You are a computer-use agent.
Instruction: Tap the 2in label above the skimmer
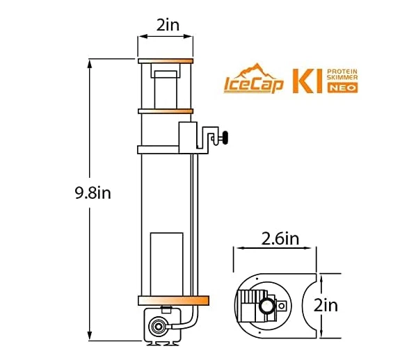[x=165, y=26]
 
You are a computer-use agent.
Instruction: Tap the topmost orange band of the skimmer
[x=165, y=61]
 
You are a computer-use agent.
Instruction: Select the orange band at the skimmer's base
[x=173, y=300]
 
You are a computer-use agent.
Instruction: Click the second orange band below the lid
[x=165, y=110]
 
